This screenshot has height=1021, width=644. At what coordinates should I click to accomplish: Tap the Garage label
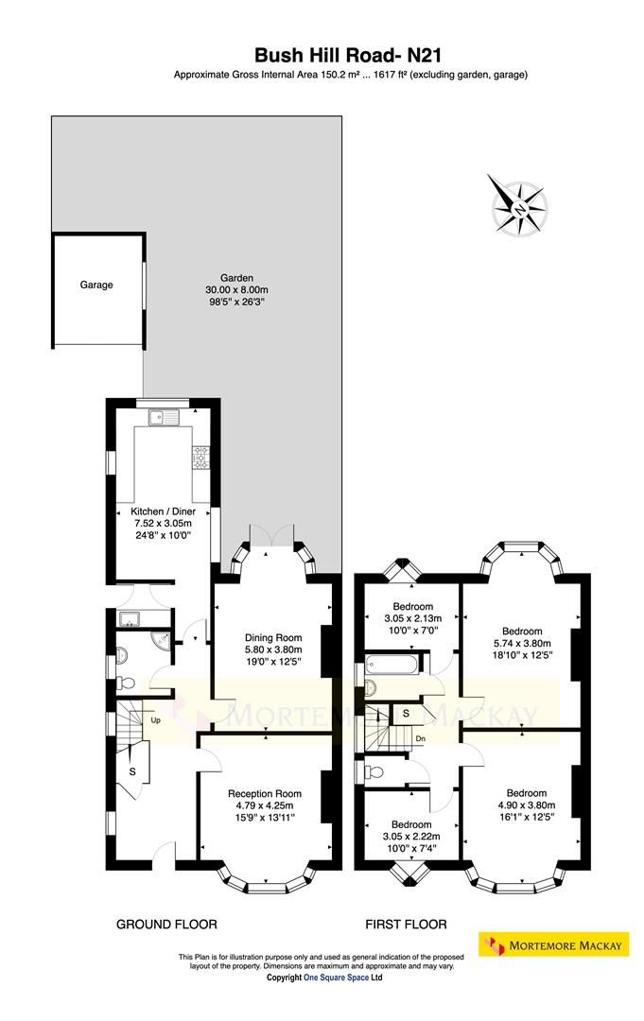tap(96, 284)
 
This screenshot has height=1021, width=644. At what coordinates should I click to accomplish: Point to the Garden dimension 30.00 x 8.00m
tap(236, 290)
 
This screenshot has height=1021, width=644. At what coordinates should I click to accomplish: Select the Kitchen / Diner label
tap(162, 510)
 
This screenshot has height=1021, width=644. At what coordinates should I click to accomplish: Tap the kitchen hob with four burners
tap(200, 459)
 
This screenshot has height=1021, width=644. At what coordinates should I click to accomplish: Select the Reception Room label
tap(264, 793)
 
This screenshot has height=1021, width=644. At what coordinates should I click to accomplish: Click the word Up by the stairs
tap(155, 720)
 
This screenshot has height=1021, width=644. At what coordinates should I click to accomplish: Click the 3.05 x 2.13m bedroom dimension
tap(413, 618)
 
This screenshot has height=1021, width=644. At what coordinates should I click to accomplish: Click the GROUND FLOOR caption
tap(166, 924)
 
